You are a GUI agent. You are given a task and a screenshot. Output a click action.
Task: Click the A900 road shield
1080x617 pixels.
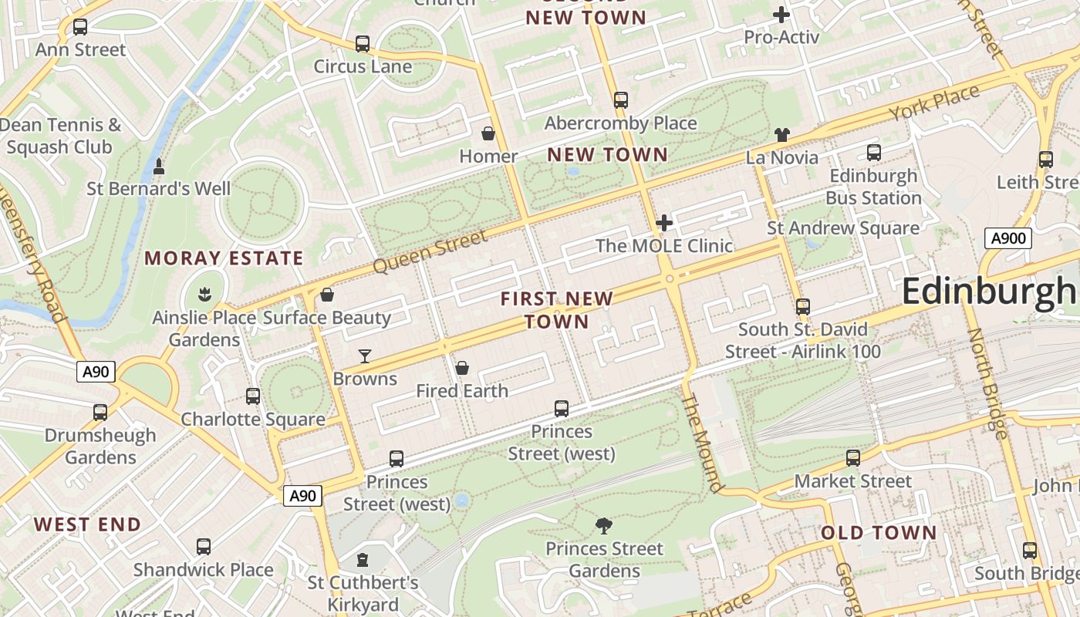(x=1008, y=238)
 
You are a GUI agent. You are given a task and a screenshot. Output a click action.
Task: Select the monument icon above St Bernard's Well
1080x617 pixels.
(x=159, y=166)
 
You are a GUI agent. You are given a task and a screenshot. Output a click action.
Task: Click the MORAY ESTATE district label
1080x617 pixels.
(x=224, y=258)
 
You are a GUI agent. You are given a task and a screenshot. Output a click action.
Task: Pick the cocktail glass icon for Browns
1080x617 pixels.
(x=365, y=356)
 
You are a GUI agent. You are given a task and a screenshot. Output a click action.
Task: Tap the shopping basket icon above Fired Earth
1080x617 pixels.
(x=462, y=368)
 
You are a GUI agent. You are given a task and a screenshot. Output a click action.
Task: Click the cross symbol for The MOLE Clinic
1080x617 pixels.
(x=663, y=224)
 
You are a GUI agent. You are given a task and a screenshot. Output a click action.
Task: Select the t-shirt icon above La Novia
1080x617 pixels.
(x=782, y=135)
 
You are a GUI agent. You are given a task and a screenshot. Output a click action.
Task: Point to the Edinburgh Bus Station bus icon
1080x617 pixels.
(x=873, y=153)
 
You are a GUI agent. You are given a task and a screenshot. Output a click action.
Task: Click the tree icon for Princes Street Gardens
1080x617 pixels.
(x=604, y=526)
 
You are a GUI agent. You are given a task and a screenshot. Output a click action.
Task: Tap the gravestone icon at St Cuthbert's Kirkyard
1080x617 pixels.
(x=363, y=560)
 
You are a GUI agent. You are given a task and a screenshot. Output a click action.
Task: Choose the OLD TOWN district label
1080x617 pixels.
(x=879, y=533)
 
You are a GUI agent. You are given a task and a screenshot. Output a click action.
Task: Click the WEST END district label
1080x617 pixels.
(x=87, y=525)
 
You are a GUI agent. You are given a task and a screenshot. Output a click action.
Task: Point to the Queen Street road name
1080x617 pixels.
(x=430, y=251)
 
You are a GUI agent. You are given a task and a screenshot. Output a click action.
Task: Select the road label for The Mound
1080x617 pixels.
(x=702, y=443)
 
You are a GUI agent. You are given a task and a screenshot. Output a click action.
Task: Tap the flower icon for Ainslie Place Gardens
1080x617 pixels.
(x=204, y=294)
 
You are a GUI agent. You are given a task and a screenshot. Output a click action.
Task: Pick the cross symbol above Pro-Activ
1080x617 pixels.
(x=781, y=14)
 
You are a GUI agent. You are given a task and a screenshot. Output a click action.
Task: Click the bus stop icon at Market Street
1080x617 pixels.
(x=852, y=458)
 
